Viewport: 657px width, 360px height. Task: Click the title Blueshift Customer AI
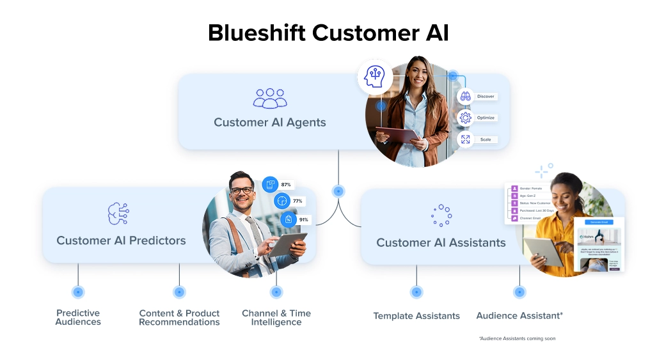328,33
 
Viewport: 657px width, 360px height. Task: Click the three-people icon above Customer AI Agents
270,98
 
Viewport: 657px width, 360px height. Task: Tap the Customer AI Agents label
269,122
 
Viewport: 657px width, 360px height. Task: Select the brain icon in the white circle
375,77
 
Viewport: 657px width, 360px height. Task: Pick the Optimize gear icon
465,118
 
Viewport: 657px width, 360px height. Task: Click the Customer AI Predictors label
121,240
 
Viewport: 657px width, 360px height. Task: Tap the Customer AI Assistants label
441,242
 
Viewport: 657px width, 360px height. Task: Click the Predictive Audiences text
78,318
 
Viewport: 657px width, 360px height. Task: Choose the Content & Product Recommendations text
179,318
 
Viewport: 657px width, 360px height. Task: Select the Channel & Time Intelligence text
276,318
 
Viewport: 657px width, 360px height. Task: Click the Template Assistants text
416,316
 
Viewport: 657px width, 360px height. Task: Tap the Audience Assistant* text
519,316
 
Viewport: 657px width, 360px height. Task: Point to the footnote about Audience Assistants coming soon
517,338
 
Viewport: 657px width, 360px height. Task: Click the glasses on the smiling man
241,190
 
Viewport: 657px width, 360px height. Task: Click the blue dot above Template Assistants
416,292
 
